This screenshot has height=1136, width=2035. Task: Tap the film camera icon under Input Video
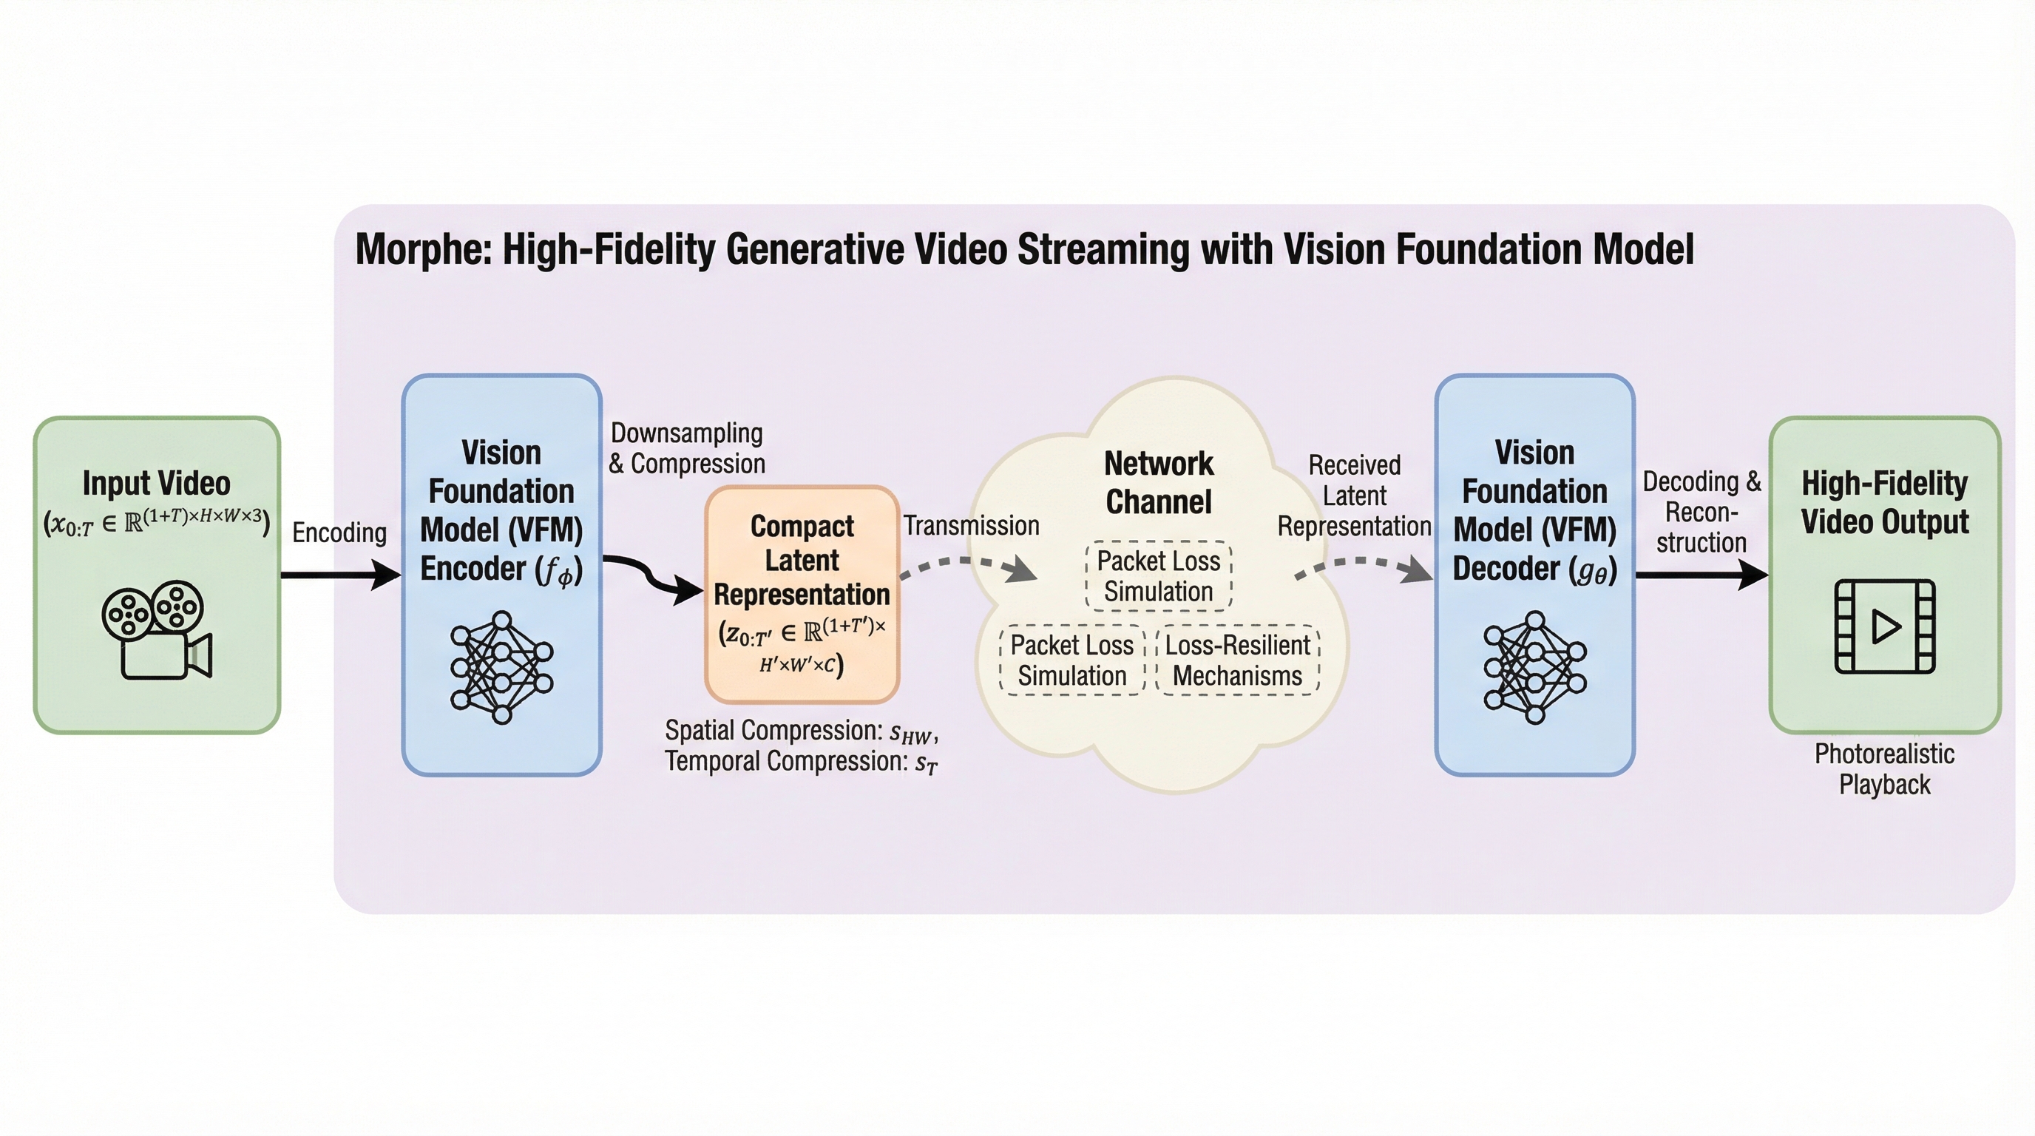157,630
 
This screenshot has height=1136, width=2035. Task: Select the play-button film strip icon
1884,626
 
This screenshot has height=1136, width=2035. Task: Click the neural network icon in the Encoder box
501,668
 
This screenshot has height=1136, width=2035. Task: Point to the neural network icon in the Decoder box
1534,668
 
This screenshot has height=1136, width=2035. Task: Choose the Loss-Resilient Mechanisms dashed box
1238,660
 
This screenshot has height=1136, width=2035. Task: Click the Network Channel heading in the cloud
1158,483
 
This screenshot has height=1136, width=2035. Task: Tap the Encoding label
339,532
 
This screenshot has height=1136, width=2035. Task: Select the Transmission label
971,525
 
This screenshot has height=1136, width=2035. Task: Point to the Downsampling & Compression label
686,448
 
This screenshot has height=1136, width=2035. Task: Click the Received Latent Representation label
1354,496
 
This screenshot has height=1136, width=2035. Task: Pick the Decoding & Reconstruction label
1702,512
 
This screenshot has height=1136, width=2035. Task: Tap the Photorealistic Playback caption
1884,768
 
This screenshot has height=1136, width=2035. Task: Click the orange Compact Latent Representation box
802,594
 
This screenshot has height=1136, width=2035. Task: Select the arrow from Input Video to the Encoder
339,575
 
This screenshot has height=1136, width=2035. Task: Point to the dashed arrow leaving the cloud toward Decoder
1363,565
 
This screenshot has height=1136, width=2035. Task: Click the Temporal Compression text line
800,762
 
